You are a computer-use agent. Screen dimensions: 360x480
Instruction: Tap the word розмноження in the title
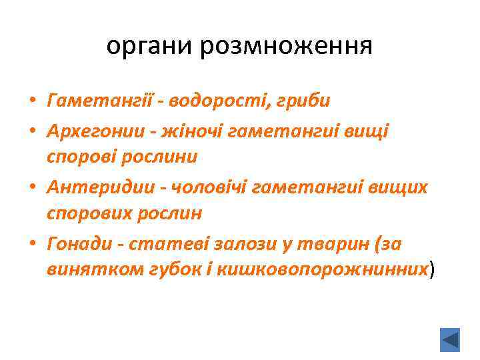click(x=286, y=46)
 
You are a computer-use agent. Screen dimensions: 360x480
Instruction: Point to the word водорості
click(x=209, y=101)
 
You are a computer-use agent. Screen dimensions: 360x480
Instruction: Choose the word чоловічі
click(x=207, y=189)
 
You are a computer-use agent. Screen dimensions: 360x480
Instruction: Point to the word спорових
click(x=88, y=213)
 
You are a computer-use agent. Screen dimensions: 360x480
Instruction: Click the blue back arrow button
click(x=451, y=339)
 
